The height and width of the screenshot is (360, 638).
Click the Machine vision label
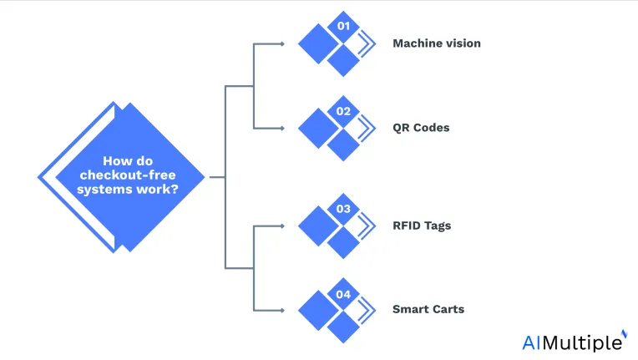coord(437,43)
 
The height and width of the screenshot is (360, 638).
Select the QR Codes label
coord(421,128)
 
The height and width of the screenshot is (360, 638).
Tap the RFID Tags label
coord(422,226)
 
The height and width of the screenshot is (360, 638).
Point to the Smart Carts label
coord(428,309)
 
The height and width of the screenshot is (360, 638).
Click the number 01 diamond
coord(343,27)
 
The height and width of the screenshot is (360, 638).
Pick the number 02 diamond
coord(343,111)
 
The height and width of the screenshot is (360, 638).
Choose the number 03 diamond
coord(343,209)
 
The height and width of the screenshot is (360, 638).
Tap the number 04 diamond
coord(343,294)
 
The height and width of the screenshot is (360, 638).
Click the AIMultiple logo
coord(575,342)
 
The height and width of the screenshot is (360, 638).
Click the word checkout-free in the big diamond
coord(128,175)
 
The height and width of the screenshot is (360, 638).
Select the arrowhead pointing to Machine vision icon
coord(282,44)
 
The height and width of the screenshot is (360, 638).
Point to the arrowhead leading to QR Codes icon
coord(282,129)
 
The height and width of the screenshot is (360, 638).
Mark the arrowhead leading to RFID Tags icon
coord(282,226)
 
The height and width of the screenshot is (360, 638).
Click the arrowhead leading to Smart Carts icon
coord(282,311)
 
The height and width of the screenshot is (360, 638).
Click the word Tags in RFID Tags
coord(436,226)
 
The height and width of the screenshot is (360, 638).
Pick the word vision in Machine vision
coord(463,43)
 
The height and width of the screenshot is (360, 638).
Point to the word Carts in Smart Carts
coord(448,309)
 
